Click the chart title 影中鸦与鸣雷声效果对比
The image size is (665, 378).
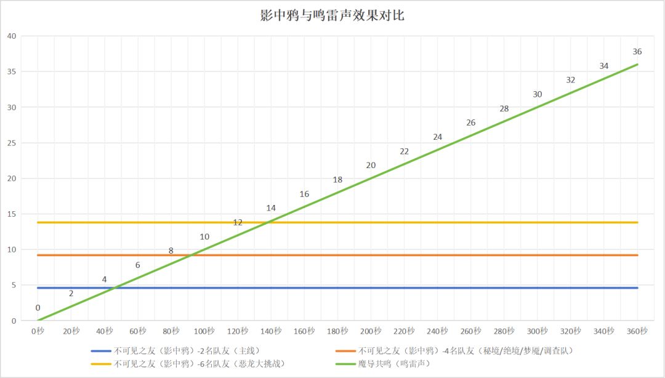[332, 15]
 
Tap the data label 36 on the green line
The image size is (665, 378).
[637, 52]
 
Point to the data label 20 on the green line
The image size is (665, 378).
[371, 165]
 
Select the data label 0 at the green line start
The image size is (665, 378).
[38, 308]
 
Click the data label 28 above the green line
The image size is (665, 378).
[504, 108]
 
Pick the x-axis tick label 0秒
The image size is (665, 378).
[38, 331]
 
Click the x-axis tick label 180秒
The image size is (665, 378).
[337, 331]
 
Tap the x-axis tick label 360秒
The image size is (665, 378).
[637, 331]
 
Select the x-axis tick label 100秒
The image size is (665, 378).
[204, 331]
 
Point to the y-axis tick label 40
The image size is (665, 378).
[11, 36]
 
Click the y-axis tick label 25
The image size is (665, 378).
[11, 143]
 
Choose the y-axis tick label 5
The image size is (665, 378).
[14, 285]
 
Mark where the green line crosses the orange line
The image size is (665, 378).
[191, 255]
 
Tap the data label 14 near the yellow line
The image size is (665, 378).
[271, 208]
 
